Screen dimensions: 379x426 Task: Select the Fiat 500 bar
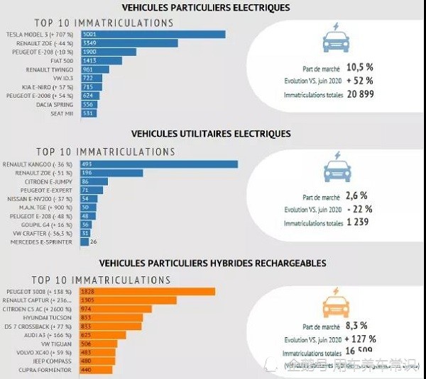point(101,61)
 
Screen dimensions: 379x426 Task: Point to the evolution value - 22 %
point(359,209)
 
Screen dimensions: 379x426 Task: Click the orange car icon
point(336,306)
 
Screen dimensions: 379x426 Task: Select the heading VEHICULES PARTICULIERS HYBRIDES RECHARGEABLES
point(212,263)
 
